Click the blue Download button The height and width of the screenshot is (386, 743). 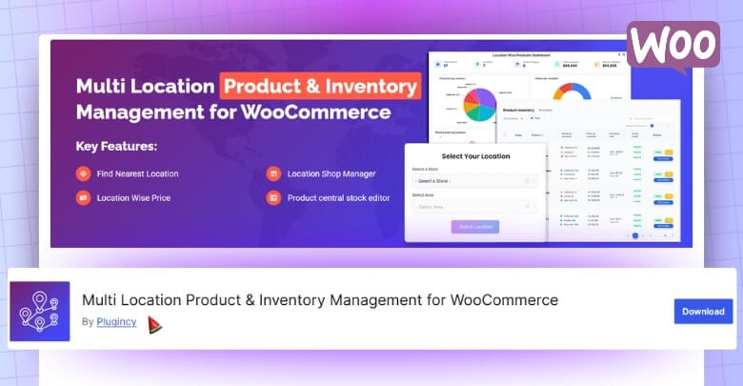click(703, 311)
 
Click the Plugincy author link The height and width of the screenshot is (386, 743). click(116, 322)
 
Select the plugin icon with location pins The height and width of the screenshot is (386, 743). click(40, 312)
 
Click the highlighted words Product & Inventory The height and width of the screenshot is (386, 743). click(320, 86)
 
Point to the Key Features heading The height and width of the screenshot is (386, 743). click(116, 147)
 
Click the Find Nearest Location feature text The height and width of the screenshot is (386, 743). click(137, 173)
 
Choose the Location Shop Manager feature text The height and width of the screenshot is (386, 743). click(331, 173)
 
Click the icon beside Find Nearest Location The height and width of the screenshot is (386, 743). click(83, 173)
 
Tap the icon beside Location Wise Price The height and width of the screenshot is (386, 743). click(83, 198)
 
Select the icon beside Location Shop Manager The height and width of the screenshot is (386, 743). click(273, 173)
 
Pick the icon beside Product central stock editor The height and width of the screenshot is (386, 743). click(273, 198)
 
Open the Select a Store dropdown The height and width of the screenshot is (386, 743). click(473, 180)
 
